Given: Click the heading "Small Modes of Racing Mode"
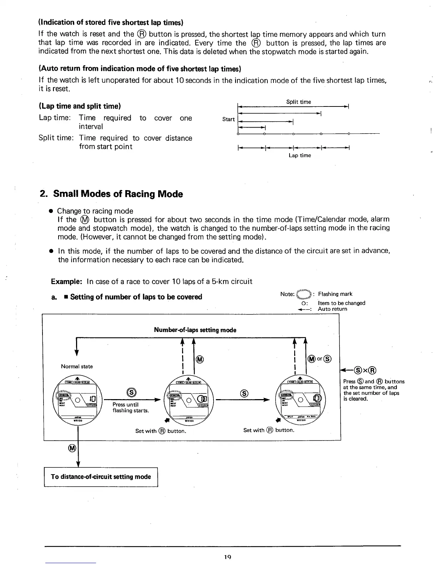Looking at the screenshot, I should (118, 194).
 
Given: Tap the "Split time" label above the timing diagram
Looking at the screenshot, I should (298, 102).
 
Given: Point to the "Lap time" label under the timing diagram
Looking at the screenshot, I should (300, 155).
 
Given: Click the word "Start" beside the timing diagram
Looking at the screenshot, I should (228, 119).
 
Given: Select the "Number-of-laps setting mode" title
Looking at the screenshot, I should (195, 330).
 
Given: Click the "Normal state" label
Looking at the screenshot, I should (77, 366).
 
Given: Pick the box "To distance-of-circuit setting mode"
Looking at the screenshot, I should (101, 477).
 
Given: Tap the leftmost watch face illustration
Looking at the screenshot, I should (78, 399).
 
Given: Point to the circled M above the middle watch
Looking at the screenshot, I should (200, 359).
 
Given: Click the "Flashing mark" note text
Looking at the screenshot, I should (335, 294).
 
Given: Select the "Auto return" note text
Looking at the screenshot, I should (332, 309).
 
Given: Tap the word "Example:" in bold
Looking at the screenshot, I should (67, 282).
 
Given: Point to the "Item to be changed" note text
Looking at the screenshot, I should (341, 303).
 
